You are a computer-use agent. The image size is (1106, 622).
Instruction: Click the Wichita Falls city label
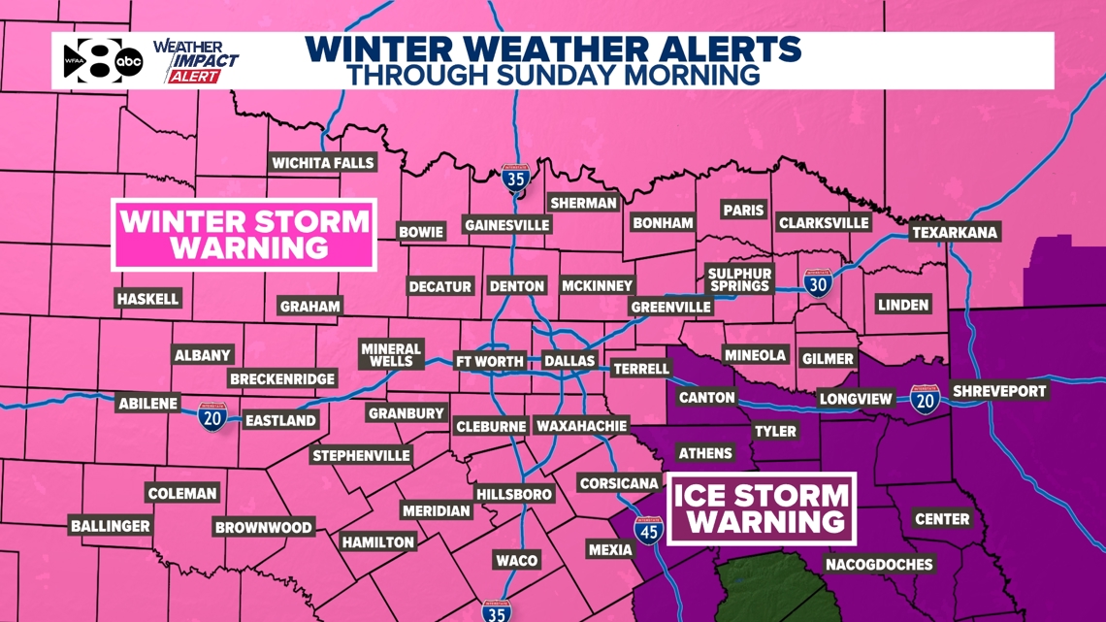[322, 163]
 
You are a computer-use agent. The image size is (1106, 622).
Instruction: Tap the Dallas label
[569, 361]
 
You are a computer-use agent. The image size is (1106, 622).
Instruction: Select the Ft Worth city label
[490, 361]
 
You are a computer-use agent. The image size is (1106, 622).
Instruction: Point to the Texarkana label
[954, 233]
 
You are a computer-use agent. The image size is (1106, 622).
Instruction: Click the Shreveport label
[999, 391]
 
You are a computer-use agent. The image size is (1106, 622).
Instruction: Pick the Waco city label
[516, 560]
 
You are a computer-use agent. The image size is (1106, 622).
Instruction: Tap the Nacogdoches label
[878, 564]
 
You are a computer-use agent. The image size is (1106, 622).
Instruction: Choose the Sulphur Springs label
[738, 279]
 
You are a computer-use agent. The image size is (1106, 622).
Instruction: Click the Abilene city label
[147, 403]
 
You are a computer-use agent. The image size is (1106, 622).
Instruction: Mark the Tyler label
[774, 430]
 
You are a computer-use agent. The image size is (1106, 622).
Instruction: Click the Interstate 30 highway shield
[816, 283]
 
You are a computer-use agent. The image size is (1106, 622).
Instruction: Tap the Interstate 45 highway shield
[648, 531]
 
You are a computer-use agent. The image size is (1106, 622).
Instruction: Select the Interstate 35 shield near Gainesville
[516, 180]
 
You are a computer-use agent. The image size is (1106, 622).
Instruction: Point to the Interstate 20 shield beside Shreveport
[925, 399]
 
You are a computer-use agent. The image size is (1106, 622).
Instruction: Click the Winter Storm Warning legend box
[243, 234]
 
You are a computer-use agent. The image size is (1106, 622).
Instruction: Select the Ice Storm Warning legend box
[761, 507]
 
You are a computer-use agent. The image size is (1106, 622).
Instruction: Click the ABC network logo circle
[130, 63]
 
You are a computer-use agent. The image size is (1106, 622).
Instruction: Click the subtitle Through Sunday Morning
[553, 74]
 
